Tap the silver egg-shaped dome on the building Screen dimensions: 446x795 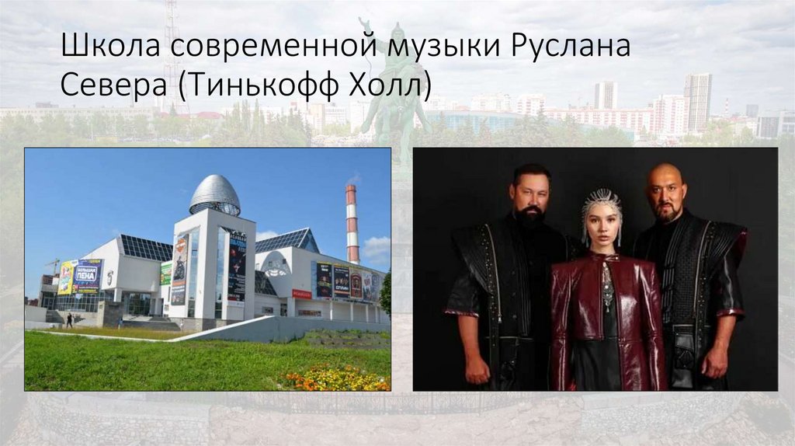[215, 194]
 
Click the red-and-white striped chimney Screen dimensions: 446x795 [352, 222]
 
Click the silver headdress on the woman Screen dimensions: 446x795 [602, 204]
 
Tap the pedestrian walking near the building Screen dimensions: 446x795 [69, 319]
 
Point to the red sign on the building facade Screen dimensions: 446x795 [301, 294]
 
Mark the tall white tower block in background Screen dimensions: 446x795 [697, 101]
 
